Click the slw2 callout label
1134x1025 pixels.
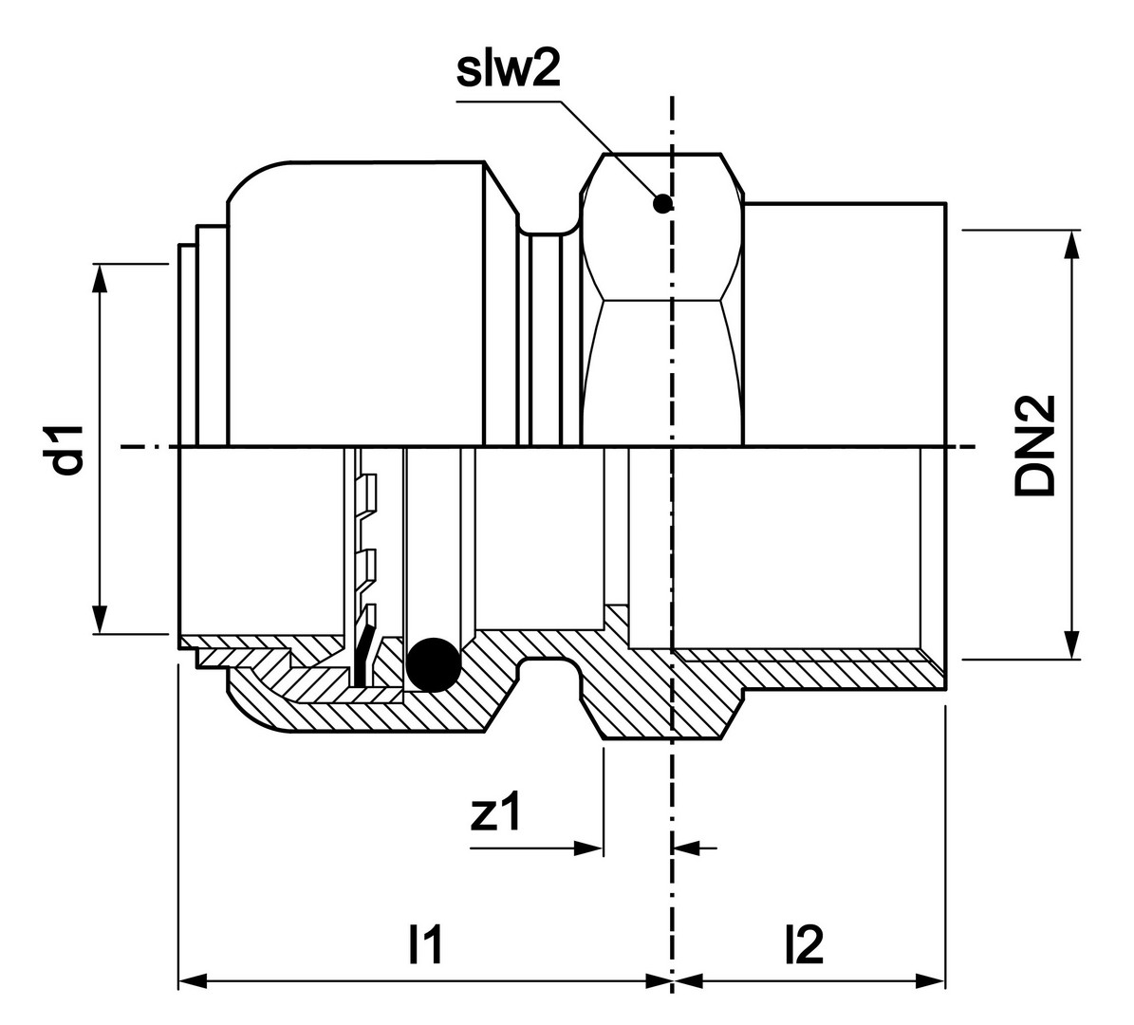[508, 72]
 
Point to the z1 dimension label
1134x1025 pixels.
[496, 812]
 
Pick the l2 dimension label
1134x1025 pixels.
[804, 945]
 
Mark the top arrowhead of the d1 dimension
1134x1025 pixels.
[99, 276]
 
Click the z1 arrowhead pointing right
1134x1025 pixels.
[589, 848]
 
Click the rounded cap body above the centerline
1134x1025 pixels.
[356, 304]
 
